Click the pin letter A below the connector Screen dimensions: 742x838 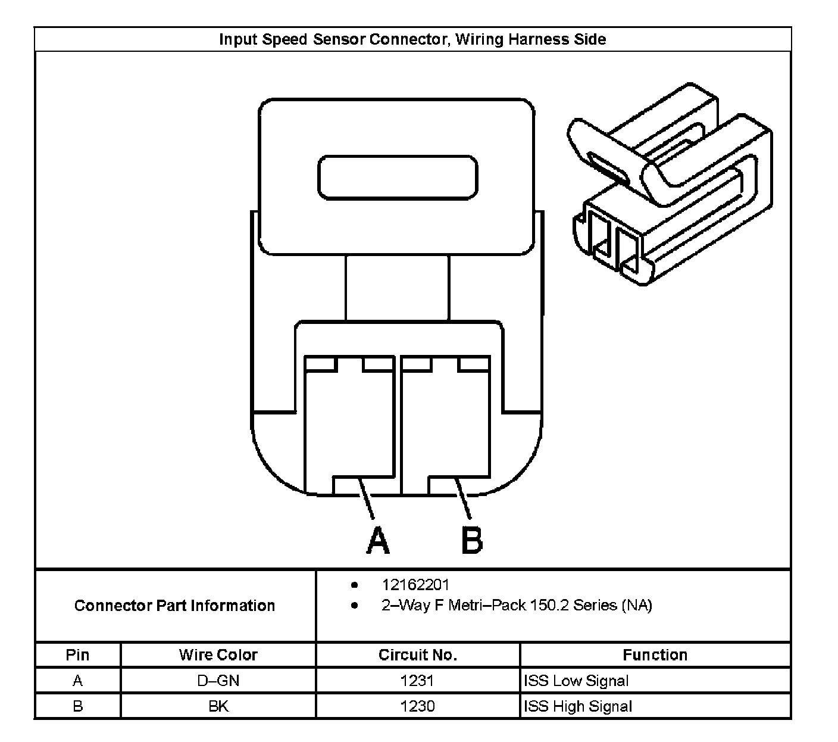point(378,540)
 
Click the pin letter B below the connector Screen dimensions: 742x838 point(472,540)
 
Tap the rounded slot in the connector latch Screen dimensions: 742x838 point(398,177)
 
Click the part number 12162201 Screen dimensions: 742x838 point(415,585)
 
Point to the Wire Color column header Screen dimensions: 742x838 point(218,655)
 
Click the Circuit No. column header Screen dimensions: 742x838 point(418,655)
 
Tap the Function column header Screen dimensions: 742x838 point(655,655)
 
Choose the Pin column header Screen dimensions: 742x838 point(77,655)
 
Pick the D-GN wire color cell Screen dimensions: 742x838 point(218,681)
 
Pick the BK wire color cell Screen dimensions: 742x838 point(218,706)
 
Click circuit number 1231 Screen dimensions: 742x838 point(418,681)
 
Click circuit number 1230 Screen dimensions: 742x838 point(418,706)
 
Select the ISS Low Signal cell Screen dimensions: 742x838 point(576,681)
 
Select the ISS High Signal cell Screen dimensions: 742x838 point(577,706)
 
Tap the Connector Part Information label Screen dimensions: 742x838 point(174,606)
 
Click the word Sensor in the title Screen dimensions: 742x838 point(339,39)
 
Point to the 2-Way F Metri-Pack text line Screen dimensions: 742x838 point(517,606)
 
